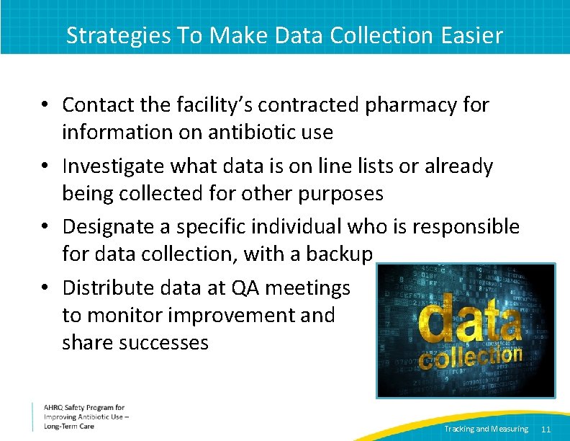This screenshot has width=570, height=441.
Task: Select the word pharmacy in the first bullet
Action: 410,105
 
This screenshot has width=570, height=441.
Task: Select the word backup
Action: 341,254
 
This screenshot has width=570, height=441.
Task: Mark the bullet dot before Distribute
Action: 45,288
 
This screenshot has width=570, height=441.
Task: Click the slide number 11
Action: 546,429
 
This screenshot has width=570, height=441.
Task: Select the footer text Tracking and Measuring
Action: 486,429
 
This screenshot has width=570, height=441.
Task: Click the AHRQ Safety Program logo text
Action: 84,408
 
